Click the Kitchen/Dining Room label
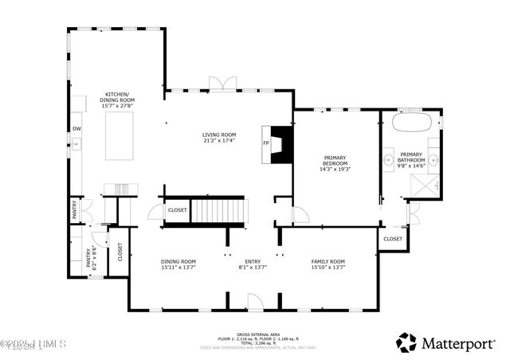coord(117,100)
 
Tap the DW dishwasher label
coord(76,128)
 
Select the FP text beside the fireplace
coord(266,143)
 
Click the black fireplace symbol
coord(281,145)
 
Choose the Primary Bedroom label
coord(335,162)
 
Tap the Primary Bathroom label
coord(411,160)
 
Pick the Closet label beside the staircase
coord(177,210)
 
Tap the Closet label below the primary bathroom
coord(393,239)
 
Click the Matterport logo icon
coord(406,342)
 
